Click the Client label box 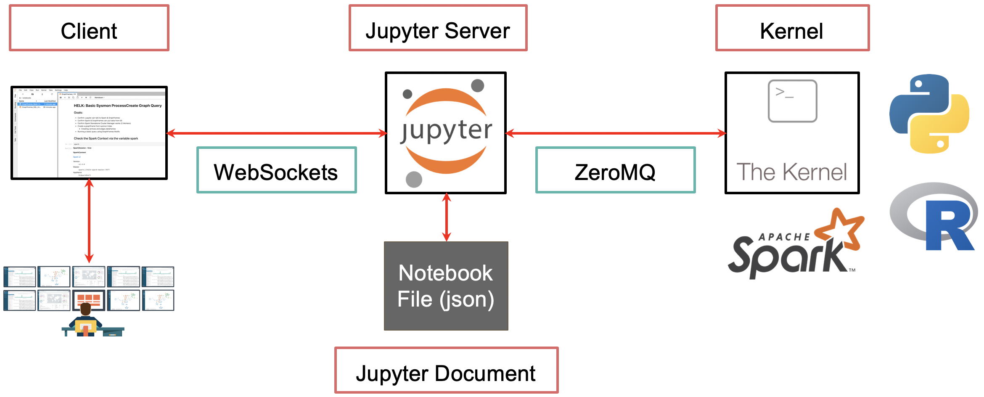coord(89,28)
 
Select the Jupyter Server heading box coord(438,28)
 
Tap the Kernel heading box coord(792,28)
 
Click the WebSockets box coord(276,170)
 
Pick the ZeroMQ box coord(615,170)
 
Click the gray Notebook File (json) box coord(446,286)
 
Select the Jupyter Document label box coord(446,370)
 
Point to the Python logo coord(929,114)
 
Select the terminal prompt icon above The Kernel coord(792,101)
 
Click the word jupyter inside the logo coord(446,130)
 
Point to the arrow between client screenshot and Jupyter coord(276,133)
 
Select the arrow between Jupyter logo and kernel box coord(615,133)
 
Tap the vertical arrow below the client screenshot coord(89,221)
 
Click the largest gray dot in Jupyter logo coord(414,180)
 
